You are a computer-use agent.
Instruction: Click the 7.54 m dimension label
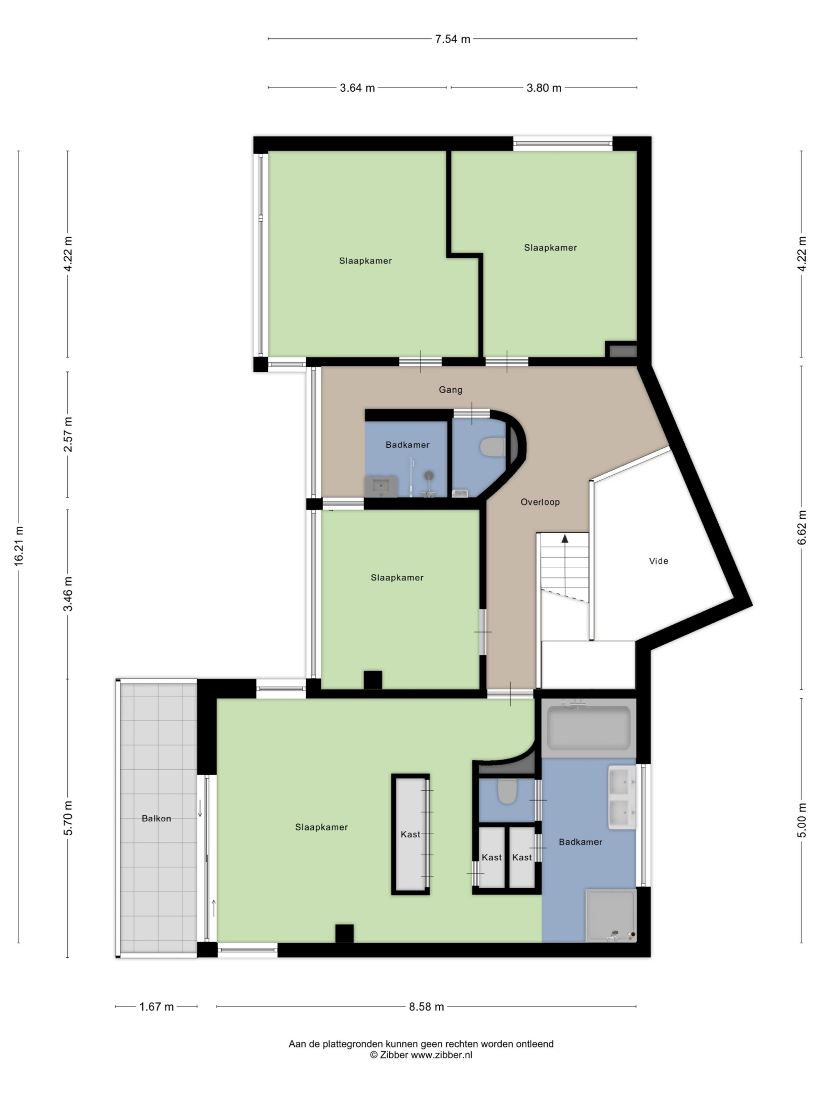coord(453,39)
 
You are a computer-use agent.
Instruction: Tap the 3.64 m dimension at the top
coord(357,88)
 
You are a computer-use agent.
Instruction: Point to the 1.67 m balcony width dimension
coord(156,1007)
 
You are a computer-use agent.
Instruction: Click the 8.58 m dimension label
coord(427,1007)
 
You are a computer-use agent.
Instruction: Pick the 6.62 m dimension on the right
coord(802,528)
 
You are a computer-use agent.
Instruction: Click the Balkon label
coord(156,819)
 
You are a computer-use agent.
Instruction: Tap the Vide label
coord(659,561)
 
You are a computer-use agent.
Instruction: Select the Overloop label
coord(540,502)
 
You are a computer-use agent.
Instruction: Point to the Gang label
coord(450,390)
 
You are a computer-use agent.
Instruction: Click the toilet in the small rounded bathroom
coord(493,447)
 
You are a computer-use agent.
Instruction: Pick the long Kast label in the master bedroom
coord(411,835)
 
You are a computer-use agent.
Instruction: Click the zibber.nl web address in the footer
coord(441,1056)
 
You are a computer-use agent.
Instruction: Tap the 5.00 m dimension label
coord(802,820)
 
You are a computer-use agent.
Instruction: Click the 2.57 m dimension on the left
coord(68,435)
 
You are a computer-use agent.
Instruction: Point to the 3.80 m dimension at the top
coord(544,88)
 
